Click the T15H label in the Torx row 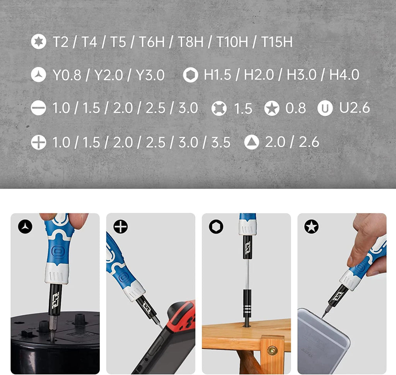(x=277, y=42)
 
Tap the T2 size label (x=60, y=42)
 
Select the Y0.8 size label (x=67, y=75)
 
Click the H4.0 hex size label (x=344, y=75)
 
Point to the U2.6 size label (x=355, y=108)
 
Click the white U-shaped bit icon (x=325, y=108)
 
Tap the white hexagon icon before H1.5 (x=191, y=75)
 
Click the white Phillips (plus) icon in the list (x=38, y=143)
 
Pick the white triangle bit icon (x=252, y=143)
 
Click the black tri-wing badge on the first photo (x=25, y=227)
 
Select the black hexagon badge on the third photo (x=216, y=227)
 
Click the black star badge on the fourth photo (x=311, y=227)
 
